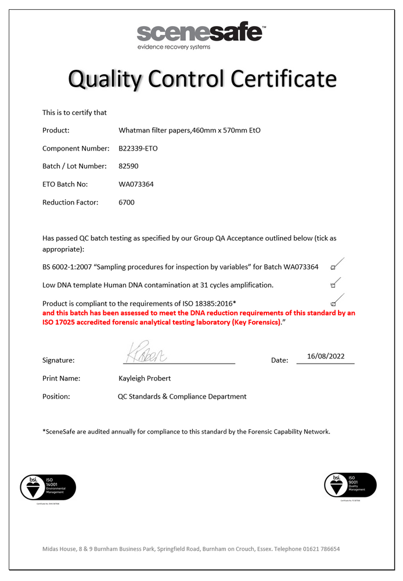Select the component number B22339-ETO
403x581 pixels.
[x=138, y=148]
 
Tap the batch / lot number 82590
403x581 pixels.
[x=128, y=166]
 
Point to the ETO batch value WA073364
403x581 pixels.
[x=136, y=184]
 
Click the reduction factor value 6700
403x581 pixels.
[x=127, y=202]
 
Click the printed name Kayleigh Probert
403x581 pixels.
[x=145, y=378]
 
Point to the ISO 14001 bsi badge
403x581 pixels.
[x=48, y=487]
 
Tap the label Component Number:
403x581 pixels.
[x=75, y=148]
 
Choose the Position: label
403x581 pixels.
[x=56, y=396]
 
